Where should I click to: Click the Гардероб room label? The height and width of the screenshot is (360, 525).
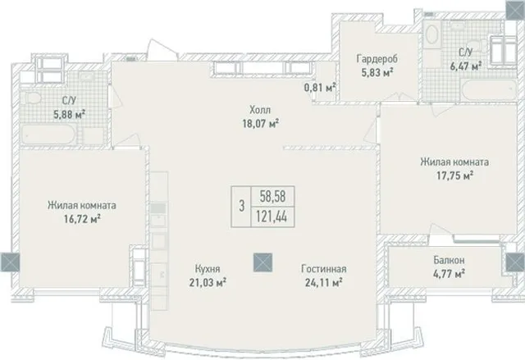pyautogui.click(x=377, y=59)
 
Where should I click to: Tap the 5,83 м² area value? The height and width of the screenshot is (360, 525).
pyautogui.click(x=377, y=72)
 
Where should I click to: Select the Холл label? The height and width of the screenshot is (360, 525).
pyautogui.click(x=260, y=109)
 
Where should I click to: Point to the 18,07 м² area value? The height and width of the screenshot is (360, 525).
pyautogui.click(x=261, y=124)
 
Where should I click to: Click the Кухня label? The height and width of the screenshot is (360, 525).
pyautogui.click(x=208, y=268)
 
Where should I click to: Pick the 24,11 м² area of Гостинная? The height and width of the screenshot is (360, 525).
pyautogui.click(x=323, y=283)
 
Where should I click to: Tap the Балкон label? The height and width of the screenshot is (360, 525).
pyautogui.click(x=449, y=260)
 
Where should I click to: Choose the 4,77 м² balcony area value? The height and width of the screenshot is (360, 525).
pyautogui.click(x=449, y=274)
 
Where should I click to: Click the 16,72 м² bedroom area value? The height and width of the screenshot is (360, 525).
pyautogui.click(x=82, y=219)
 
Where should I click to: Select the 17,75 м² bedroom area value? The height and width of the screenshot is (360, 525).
pyautogui.click(x=454, y=175)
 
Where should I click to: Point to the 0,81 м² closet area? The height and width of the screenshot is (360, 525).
pyautogui.click(x=320, y=88)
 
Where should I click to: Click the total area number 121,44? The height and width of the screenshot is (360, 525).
pyautogui.click(x=272, y=217)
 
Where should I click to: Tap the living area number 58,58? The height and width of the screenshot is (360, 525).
pyautogui.click(x=273, y=196)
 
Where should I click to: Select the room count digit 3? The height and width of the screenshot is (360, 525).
pyautogui.click(x=242, y=206)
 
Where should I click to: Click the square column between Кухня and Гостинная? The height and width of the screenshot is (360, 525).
pyautogui.click(x=262, y=262)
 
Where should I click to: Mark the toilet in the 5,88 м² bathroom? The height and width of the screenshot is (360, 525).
pyautogui.click(x=32, y=98)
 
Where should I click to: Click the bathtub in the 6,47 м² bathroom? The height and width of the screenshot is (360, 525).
pyautogui.click(x=488, y=88)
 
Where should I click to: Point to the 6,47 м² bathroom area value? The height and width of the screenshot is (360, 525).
pyautogui.click(x=466, y=66)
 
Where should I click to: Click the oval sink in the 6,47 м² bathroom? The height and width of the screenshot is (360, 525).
pyautogui.click(x=432, y=34)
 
